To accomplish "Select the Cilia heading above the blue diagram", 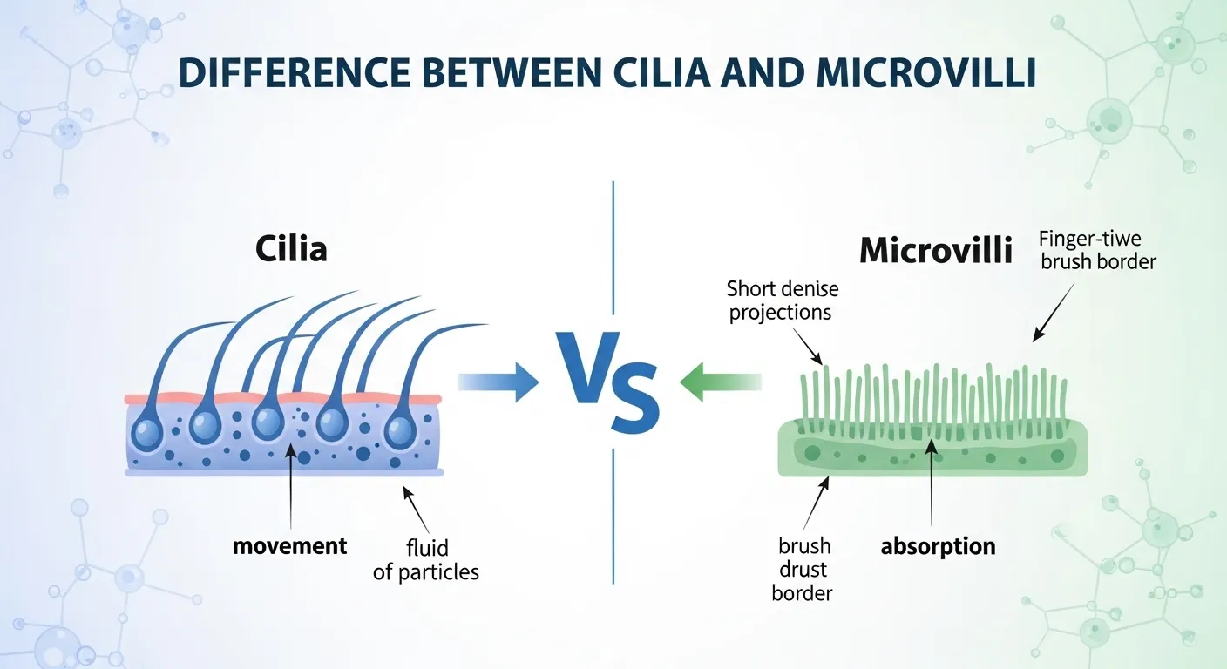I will click(x=291, y=249).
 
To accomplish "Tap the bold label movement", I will click(x=290, y=546).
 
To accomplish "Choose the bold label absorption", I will click(x=938, y=546).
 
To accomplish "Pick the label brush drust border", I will click(x=803, y=570).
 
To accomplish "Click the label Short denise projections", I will click(x=780, y=301).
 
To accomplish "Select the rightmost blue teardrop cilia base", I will click(x=402, y=429).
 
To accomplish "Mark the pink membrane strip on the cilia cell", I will click(x=283, y=399).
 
